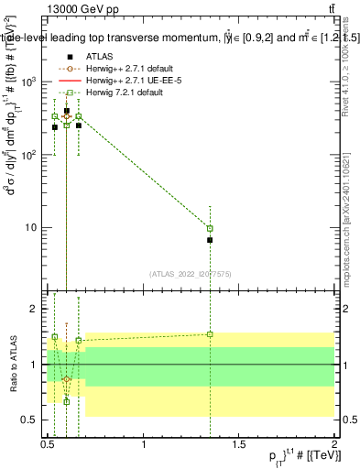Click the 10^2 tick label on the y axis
[x=30, y=155]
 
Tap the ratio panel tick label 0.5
[x=30, y=420]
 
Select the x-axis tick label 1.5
[x=239, y=444]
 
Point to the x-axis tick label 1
[x=144, y=444]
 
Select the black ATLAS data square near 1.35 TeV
[x=210, y=240]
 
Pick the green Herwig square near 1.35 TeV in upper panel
[x=210, y=228]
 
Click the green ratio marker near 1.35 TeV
[x=210, y=334]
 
